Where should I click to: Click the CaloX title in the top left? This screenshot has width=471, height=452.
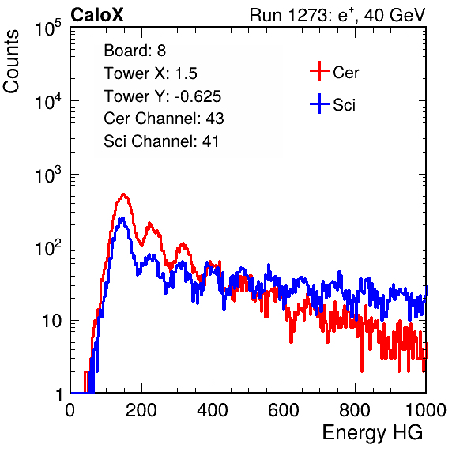97,15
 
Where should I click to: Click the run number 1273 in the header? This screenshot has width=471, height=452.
309,15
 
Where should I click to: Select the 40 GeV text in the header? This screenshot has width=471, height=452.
395,15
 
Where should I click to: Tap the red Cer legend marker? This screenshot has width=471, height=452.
319,71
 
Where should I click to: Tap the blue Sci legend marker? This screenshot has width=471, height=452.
319,104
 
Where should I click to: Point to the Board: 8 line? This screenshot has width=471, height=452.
135,51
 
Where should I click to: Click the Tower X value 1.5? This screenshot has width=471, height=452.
187,73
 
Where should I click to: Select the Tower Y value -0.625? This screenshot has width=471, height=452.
198,96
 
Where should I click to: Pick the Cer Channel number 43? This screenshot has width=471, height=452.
215,119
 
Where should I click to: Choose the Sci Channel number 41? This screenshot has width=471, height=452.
210,141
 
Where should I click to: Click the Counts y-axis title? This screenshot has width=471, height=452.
11,62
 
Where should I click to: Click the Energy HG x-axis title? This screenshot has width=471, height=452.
372,433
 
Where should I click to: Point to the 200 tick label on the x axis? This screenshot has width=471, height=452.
141,410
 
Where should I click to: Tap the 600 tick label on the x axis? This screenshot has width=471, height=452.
284,410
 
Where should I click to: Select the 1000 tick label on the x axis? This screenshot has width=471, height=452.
426,410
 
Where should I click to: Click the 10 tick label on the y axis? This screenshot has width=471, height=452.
52,321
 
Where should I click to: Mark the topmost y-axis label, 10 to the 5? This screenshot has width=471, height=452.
48,28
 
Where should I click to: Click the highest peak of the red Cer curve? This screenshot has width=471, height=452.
122,194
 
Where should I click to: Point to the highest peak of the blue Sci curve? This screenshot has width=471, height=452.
122,218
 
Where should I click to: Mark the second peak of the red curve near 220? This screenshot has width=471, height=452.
149,223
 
